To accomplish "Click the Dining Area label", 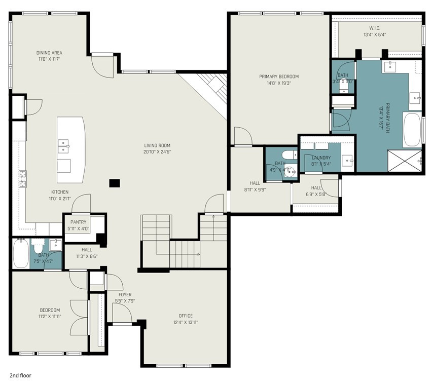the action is point(49,53).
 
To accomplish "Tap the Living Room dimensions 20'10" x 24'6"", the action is point(157,151).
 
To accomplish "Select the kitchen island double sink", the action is point(63,146).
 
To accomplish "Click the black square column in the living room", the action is point(114,183).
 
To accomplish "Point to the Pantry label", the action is point(78,222).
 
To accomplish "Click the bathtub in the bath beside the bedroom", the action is point(21,253).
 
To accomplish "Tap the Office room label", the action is point(186,316).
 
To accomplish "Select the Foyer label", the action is point(125,294).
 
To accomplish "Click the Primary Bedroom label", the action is point(279,76).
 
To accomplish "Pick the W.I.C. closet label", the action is point(375,28).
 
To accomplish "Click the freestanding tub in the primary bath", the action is point(412,129).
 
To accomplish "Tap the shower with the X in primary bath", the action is point(405,161).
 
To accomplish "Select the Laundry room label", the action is point(321,158).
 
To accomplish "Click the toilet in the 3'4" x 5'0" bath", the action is point(343,86).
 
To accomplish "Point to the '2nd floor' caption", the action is point(20,375).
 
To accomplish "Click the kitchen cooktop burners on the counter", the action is point(23,179).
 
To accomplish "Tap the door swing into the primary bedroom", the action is point(243,136).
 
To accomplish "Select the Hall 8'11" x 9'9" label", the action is point(255,183).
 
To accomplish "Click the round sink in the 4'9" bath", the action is point(290,172).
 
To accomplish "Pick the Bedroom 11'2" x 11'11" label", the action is point(50,310).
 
